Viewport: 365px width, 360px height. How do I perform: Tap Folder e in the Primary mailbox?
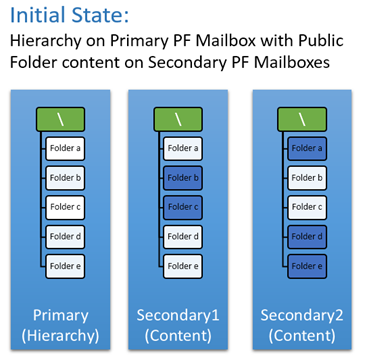(x=67, y=267)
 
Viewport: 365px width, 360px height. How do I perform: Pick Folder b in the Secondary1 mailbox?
(x=184, y=178)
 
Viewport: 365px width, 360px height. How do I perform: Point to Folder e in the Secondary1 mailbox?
(x=184, y=267)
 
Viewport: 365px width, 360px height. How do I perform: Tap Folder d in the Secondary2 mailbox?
(x=305, y=237)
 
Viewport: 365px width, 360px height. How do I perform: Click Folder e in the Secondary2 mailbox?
(x=305, y=267)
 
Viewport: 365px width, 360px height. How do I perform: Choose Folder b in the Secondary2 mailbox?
(x=305, y=178)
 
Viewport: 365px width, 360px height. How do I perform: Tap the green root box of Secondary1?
(x=175, y=119)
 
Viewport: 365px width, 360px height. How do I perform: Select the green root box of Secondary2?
(x=296, y=119)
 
